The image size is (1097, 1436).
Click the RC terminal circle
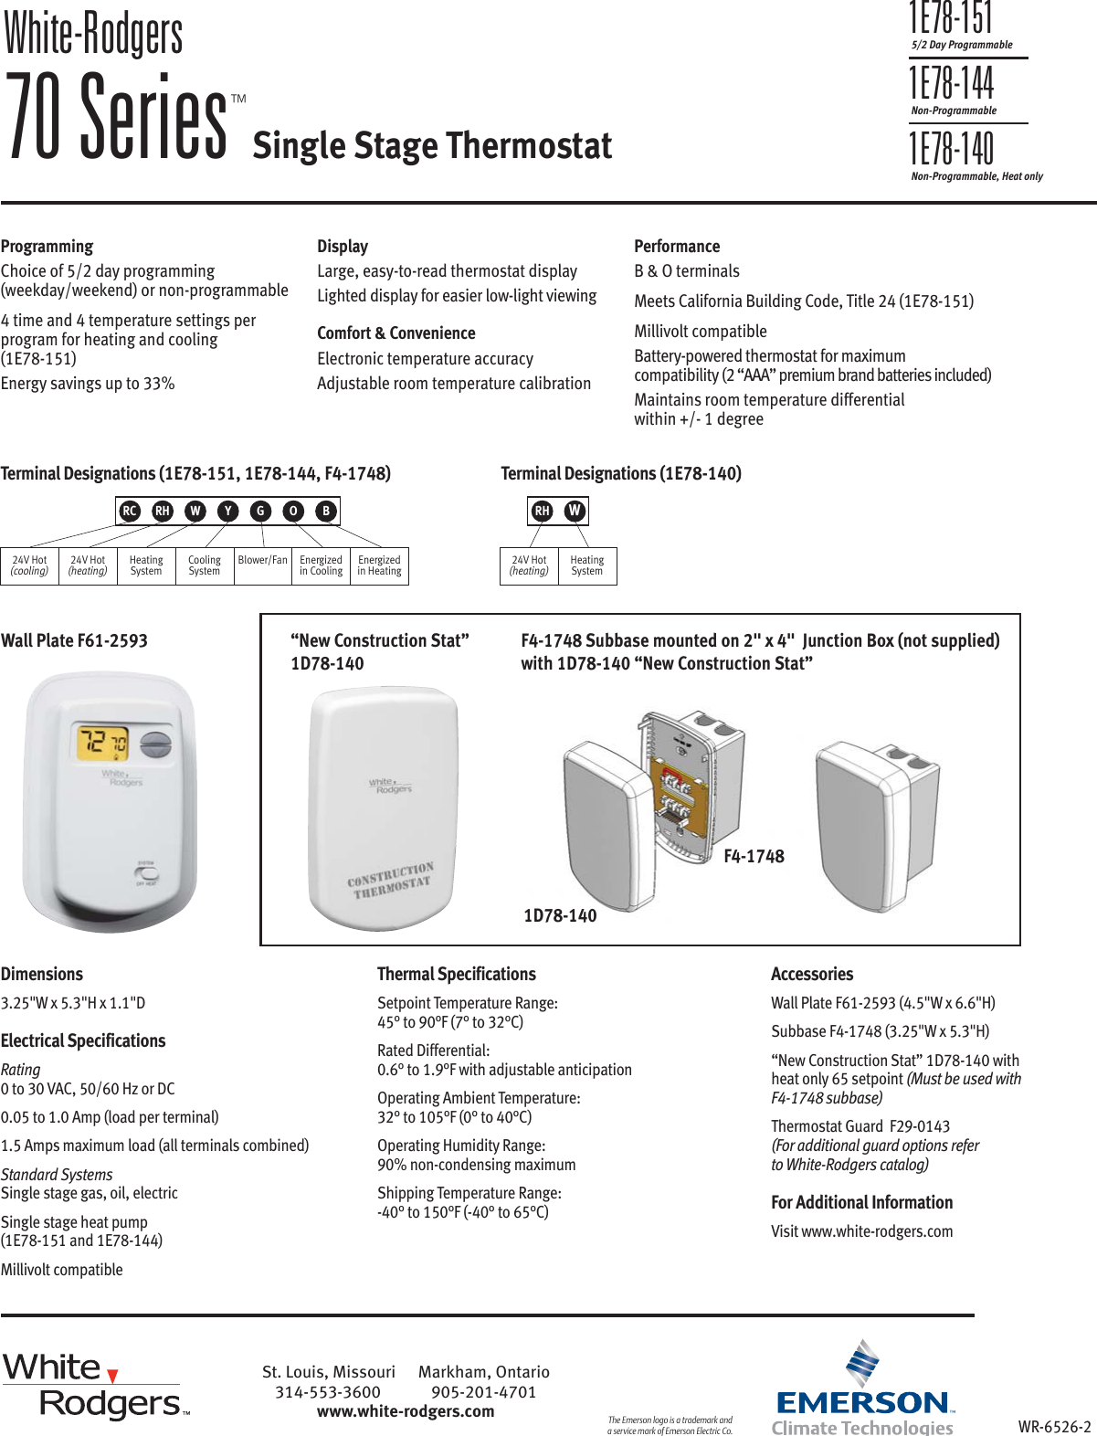(x=130, y=511)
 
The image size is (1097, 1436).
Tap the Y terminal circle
(x=228, y=511)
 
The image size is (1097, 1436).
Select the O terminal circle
(x=293, y=511)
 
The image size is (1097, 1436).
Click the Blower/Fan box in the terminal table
(x=262, y=565)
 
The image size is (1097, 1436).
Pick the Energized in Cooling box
(x=321, y=565)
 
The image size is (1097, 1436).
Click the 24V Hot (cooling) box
(x=29, y=565)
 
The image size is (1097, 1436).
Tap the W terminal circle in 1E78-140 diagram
(x=574, y=511)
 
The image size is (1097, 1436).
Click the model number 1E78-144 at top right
(x=951, y=84)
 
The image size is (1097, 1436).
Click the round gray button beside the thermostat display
(x=157, y=744)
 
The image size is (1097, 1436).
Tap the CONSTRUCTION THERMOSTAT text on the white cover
(x=390, y=880)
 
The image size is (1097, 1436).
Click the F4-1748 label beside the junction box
(x=754, y=856)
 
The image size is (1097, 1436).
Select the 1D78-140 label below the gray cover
(x=560, y=915)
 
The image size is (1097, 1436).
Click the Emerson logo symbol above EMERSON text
(x=861, y=1363)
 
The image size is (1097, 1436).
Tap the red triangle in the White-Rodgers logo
(x=112, y=1376)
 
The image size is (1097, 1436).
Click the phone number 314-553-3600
(x=328, y=1392)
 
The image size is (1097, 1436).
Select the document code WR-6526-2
(x=1054, y=1426)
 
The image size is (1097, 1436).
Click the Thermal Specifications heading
(x=457, y=974)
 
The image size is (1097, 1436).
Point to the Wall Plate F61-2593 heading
(x=74, y=640)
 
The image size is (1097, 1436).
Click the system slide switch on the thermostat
(x=146, y=872)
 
